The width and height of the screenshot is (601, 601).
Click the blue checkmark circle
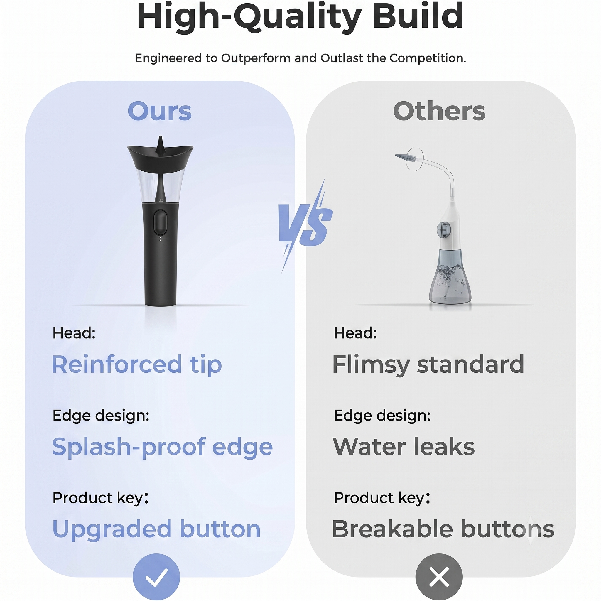click(x=156, y=577)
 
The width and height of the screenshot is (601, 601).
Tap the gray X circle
click(x=439, y=577)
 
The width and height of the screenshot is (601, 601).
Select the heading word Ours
click(x=160, y=111)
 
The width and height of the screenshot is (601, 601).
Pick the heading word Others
click(x=439, y=111)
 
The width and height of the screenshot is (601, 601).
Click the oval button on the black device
click(x=161, y=222)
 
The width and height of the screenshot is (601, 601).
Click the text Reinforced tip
click(x=137, y=364)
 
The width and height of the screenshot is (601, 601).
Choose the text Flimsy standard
click(x=428, y=364)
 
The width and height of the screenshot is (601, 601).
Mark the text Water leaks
click(x=404, y=447)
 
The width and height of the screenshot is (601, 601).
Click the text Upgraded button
click(x=156, y=530)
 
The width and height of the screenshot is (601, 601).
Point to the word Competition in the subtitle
click(x=427, y=58)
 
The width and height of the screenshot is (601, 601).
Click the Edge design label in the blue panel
click(x=101, y=416)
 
